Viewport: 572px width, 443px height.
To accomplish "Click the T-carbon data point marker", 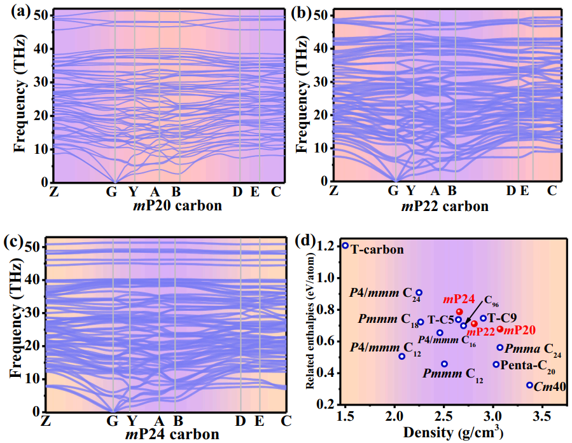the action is (345, 245).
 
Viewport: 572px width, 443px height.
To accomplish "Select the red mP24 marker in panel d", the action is (459, 312).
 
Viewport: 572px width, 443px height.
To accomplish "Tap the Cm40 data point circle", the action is (529, 385).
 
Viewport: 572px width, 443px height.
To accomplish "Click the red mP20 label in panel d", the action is (519, 330).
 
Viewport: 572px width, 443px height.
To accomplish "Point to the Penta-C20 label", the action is (527, 365).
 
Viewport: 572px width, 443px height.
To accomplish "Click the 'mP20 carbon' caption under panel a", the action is (178, 206).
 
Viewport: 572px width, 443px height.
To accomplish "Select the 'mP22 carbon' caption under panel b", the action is (445, 207).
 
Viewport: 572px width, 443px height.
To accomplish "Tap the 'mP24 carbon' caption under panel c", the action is (172, 434).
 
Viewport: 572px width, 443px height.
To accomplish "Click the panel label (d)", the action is (305, 241).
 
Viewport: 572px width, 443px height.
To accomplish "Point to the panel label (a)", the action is (21, 12).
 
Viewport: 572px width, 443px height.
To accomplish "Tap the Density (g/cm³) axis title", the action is (454, 432).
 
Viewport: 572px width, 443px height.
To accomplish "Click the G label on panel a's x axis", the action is (111, 191).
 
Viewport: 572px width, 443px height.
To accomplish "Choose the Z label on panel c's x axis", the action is (45, 421).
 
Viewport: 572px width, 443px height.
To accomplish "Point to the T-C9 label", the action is (502, 318).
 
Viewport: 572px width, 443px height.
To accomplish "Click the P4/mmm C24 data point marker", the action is (419, 292).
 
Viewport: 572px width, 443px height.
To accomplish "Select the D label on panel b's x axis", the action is (511, 191).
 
